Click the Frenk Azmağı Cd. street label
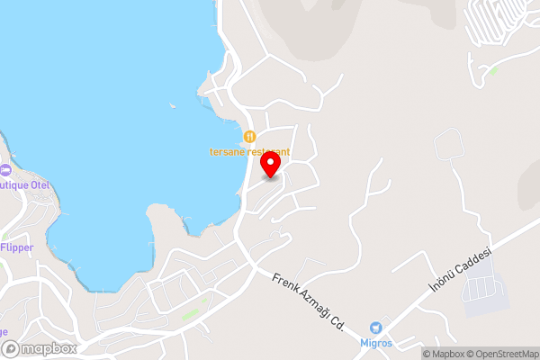(309, 300)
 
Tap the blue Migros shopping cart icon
(376, 328)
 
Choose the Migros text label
(376, 344)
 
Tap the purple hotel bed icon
(4, 170)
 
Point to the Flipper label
(17, 247)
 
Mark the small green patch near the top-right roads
(493, 69)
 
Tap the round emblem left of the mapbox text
(10, 348)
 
